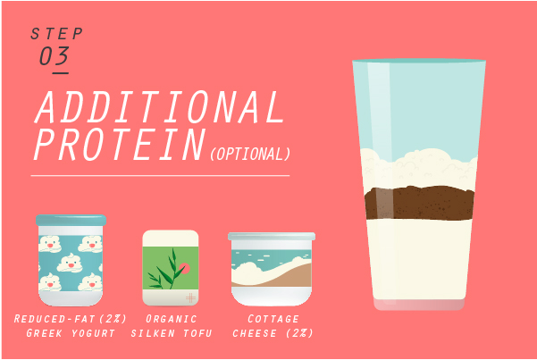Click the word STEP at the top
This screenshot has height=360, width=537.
coord(57,34)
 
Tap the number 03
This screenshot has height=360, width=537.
coord(55,56)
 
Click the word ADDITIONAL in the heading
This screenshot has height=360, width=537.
coord(159,107)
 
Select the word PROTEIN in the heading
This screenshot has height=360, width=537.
coord(120,144)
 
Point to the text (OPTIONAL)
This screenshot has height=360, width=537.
coord(250,154)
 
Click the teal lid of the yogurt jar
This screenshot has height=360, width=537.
coord(71,220)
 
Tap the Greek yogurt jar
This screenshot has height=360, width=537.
coord(71,260)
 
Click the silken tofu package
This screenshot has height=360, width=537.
coord(171,267)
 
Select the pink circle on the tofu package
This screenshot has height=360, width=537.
coord(184,268)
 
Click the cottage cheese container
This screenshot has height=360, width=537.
coord(272,269)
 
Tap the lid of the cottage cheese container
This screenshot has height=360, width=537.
coord(272,236)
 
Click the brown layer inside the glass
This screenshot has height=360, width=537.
coord(420,203)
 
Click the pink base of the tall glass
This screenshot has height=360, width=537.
coord(419,304)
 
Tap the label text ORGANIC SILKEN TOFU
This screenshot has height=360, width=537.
coord(172,326)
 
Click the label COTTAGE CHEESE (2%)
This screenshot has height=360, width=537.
coord(273,326)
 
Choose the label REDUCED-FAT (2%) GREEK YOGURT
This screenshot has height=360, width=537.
coord(71,326)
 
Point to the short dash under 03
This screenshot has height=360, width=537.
coord(60,73)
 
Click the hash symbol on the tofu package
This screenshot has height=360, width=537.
coord(190,297)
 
